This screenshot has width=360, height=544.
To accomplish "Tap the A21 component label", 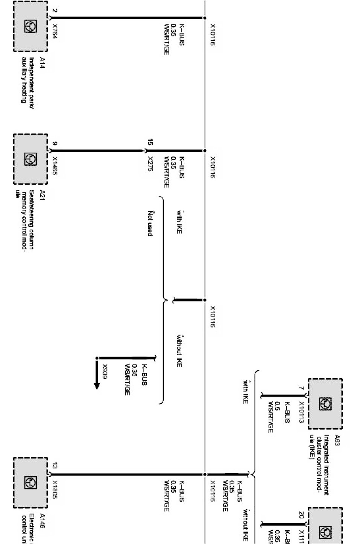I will pyautogui.click(x=42, y=195).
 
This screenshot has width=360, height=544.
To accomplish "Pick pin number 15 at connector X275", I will pyautogui.click(x=150, y=142).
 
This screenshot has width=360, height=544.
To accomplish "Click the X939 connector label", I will pyautogui.click(x=105, y=371).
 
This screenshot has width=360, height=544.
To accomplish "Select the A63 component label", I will pyautogui.click(x=337, y=441).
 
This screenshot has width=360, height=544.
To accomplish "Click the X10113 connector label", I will pyautogui.click(x=301, y=412).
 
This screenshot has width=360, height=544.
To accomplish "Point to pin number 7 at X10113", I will pyautogui.click(x=301, y=388).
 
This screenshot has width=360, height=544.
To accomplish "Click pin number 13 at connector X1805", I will pyautogui.click(x=55, y=466).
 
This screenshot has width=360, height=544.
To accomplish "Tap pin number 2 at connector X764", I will pyautogui.click(x=55, y=10).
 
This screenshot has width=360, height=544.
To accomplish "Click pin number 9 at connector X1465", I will pyautogui.click(x=55, y=143).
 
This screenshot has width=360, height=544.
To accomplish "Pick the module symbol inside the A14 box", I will pyautogui.click(x=30, y=26).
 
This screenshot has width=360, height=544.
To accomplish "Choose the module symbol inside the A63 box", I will pyautogui.click(x=325, y=404).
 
